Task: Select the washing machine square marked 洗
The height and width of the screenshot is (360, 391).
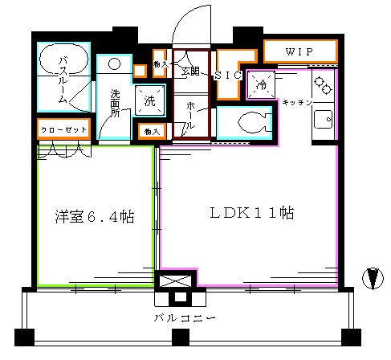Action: (150, 100)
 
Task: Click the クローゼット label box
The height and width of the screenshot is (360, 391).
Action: (63, 129)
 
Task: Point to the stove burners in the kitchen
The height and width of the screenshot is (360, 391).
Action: (323, 83)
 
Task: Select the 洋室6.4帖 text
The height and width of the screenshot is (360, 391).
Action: (95, 217)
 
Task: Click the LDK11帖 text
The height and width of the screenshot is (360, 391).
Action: (251, 214)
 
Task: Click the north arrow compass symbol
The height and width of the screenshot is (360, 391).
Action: (371, 278)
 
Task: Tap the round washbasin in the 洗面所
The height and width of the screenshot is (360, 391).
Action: (114, 63)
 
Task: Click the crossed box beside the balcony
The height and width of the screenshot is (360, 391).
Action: (177, 280)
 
